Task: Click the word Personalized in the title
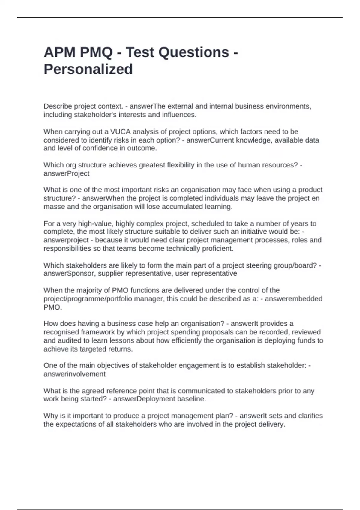(88, 69)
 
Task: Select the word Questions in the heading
(194, 52)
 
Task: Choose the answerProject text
(67, 173)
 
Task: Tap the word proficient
(219, 248)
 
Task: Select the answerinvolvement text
(75, 374)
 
